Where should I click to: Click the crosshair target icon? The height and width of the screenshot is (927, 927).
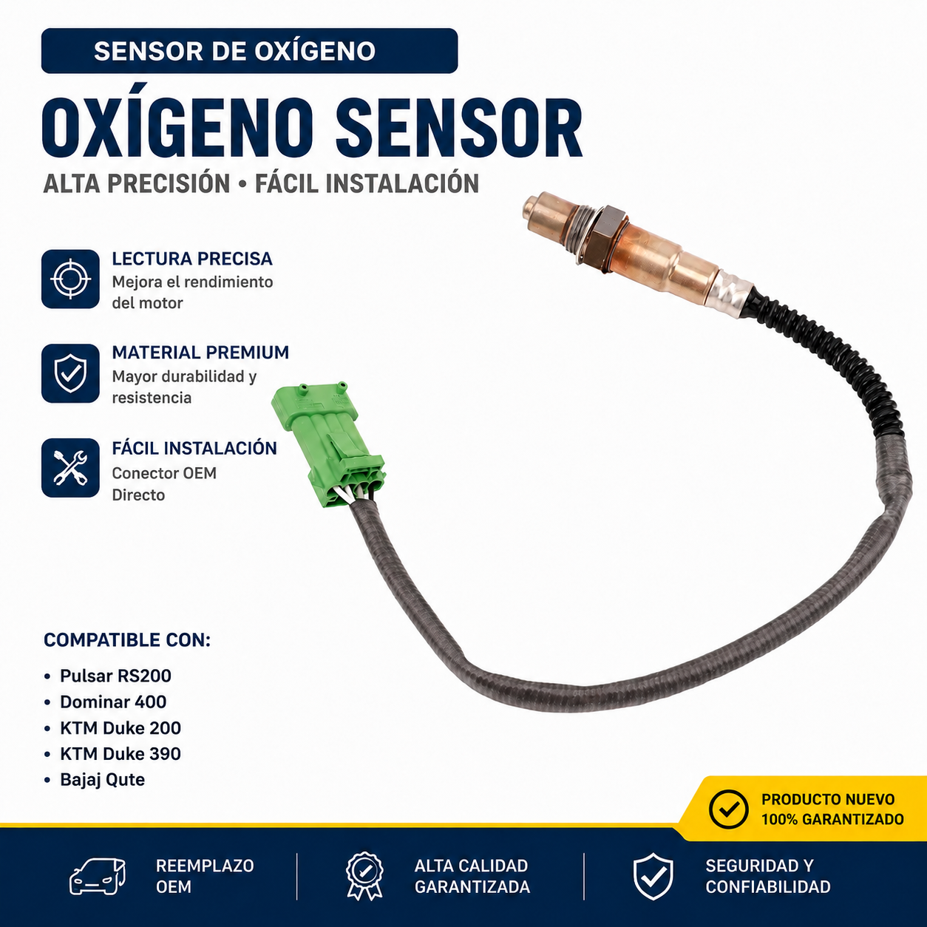tap(70, 279)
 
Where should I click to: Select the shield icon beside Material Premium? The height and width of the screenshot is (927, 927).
tap(70, 373)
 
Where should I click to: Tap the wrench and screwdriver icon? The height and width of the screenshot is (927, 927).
tap(70, 468)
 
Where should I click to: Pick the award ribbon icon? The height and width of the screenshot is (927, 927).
tap(365, 876)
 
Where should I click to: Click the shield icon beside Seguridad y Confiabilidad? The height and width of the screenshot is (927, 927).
tap(653, 876)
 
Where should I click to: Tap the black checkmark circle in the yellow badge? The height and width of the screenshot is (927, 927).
tap(728, 809)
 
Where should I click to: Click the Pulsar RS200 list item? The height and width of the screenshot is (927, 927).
tap(115, 676)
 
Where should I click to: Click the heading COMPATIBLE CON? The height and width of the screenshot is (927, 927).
tap(127, 640)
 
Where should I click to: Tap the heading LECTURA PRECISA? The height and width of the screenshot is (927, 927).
tap(192, 259)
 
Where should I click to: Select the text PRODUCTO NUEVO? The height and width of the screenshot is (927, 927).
tap(828, 800)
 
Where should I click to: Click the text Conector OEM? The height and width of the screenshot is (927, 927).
tap(164, 473)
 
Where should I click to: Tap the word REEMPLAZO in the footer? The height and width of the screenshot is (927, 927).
tap(205, 866)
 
